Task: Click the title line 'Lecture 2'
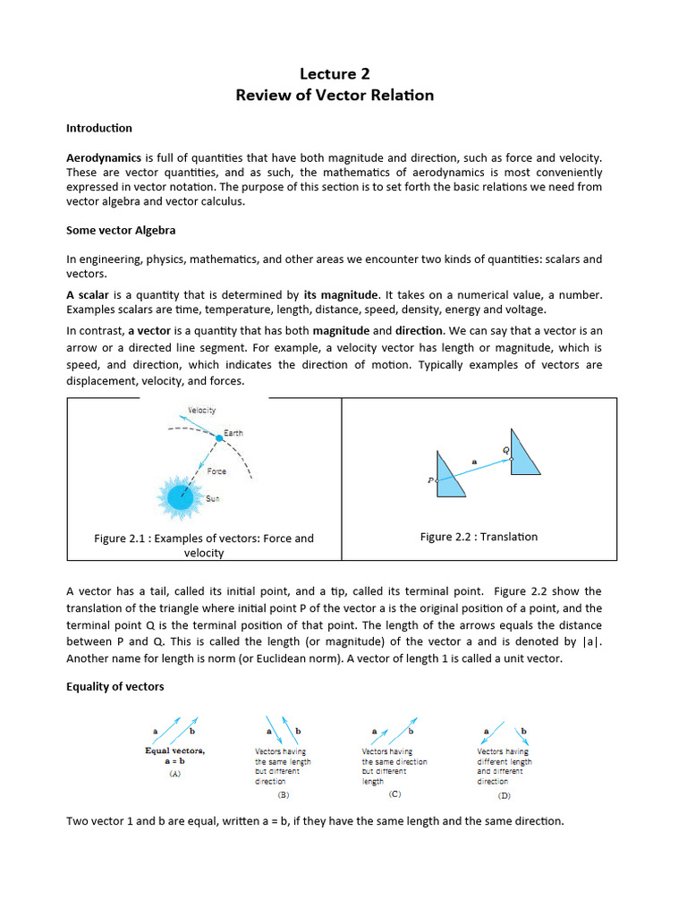coord(335,74)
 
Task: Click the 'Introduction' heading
coord(99,128)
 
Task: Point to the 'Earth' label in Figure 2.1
coord(233,433)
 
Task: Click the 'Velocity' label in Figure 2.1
coord(201,411)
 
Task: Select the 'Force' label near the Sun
coord(216,471)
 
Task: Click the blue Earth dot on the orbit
coord(218,437)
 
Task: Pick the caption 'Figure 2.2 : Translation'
coord(479,537)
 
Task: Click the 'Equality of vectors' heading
coord(114,687)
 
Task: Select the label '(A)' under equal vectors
coord(176,775)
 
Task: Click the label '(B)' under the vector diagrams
coord(284,793)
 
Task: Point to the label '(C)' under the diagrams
coord(394,793)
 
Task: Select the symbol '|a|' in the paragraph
coord(592,641)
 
